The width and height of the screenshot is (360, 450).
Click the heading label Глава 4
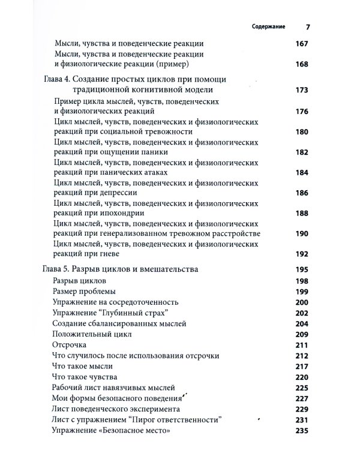[x=61, y=80]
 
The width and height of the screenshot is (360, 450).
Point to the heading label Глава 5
[x=61, y=269]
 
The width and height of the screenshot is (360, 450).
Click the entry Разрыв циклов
[x=81, y=281]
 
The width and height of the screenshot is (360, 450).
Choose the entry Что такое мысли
[x=83, y=366]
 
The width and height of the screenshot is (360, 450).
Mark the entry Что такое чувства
[x=86, y=377]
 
